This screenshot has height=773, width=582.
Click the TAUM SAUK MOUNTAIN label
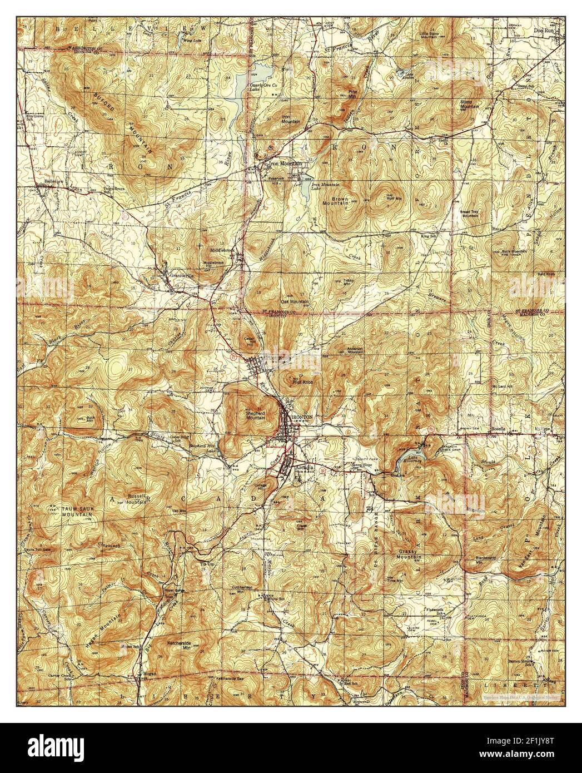[x=72, y=512]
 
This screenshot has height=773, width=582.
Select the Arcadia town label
[x=305, y=468]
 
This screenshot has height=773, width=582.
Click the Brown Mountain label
[x=340, y=200]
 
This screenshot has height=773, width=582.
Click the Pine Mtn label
[x=352, y=93]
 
